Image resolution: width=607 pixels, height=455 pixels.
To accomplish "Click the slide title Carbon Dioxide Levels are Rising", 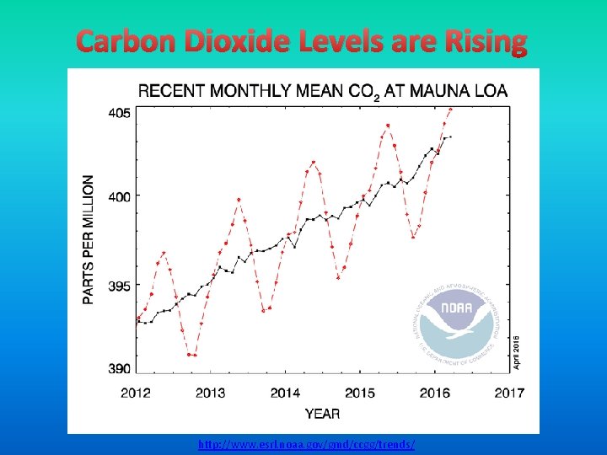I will click(x=302, y=41).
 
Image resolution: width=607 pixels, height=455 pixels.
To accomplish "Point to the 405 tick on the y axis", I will click(x=119, y=112).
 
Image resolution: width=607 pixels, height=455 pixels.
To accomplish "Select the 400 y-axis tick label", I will click(x=119, y=195).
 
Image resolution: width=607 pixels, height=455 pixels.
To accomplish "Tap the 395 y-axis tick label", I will click(x=119, y=286).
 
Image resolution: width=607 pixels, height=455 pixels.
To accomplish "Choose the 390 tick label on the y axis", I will click(x=119, y=368).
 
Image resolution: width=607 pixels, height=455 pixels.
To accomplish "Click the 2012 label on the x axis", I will click(x=136, y=392).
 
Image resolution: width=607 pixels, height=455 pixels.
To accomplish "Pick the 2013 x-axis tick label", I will click(x=210, y=392).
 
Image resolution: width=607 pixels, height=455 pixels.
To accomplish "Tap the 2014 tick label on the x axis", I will click(x=285, y=392).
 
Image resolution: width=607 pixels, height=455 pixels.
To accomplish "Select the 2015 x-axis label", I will click(x=360, y=392).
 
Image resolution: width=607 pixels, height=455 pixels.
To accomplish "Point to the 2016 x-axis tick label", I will click(x=435, y=392).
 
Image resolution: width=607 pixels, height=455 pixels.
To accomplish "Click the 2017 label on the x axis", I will click(x=509, y=392).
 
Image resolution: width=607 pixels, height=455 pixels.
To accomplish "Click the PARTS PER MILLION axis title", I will click(x=89, y=239).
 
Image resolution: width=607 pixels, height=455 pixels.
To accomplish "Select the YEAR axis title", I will click(x=323, y=414).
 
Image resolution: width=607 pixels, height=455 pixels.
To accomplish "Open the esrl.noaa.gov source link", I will click(x=306, y=444).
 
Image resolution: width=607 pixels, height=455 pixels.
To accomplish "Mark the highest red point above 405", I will click(x=451, y=109).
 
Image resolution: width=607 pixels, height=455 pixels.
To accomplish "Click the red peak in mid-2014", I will click(x=314, y=162).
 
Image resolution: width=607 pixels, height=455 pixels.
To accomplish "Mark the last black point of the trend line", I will click(x=451, y=136).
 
